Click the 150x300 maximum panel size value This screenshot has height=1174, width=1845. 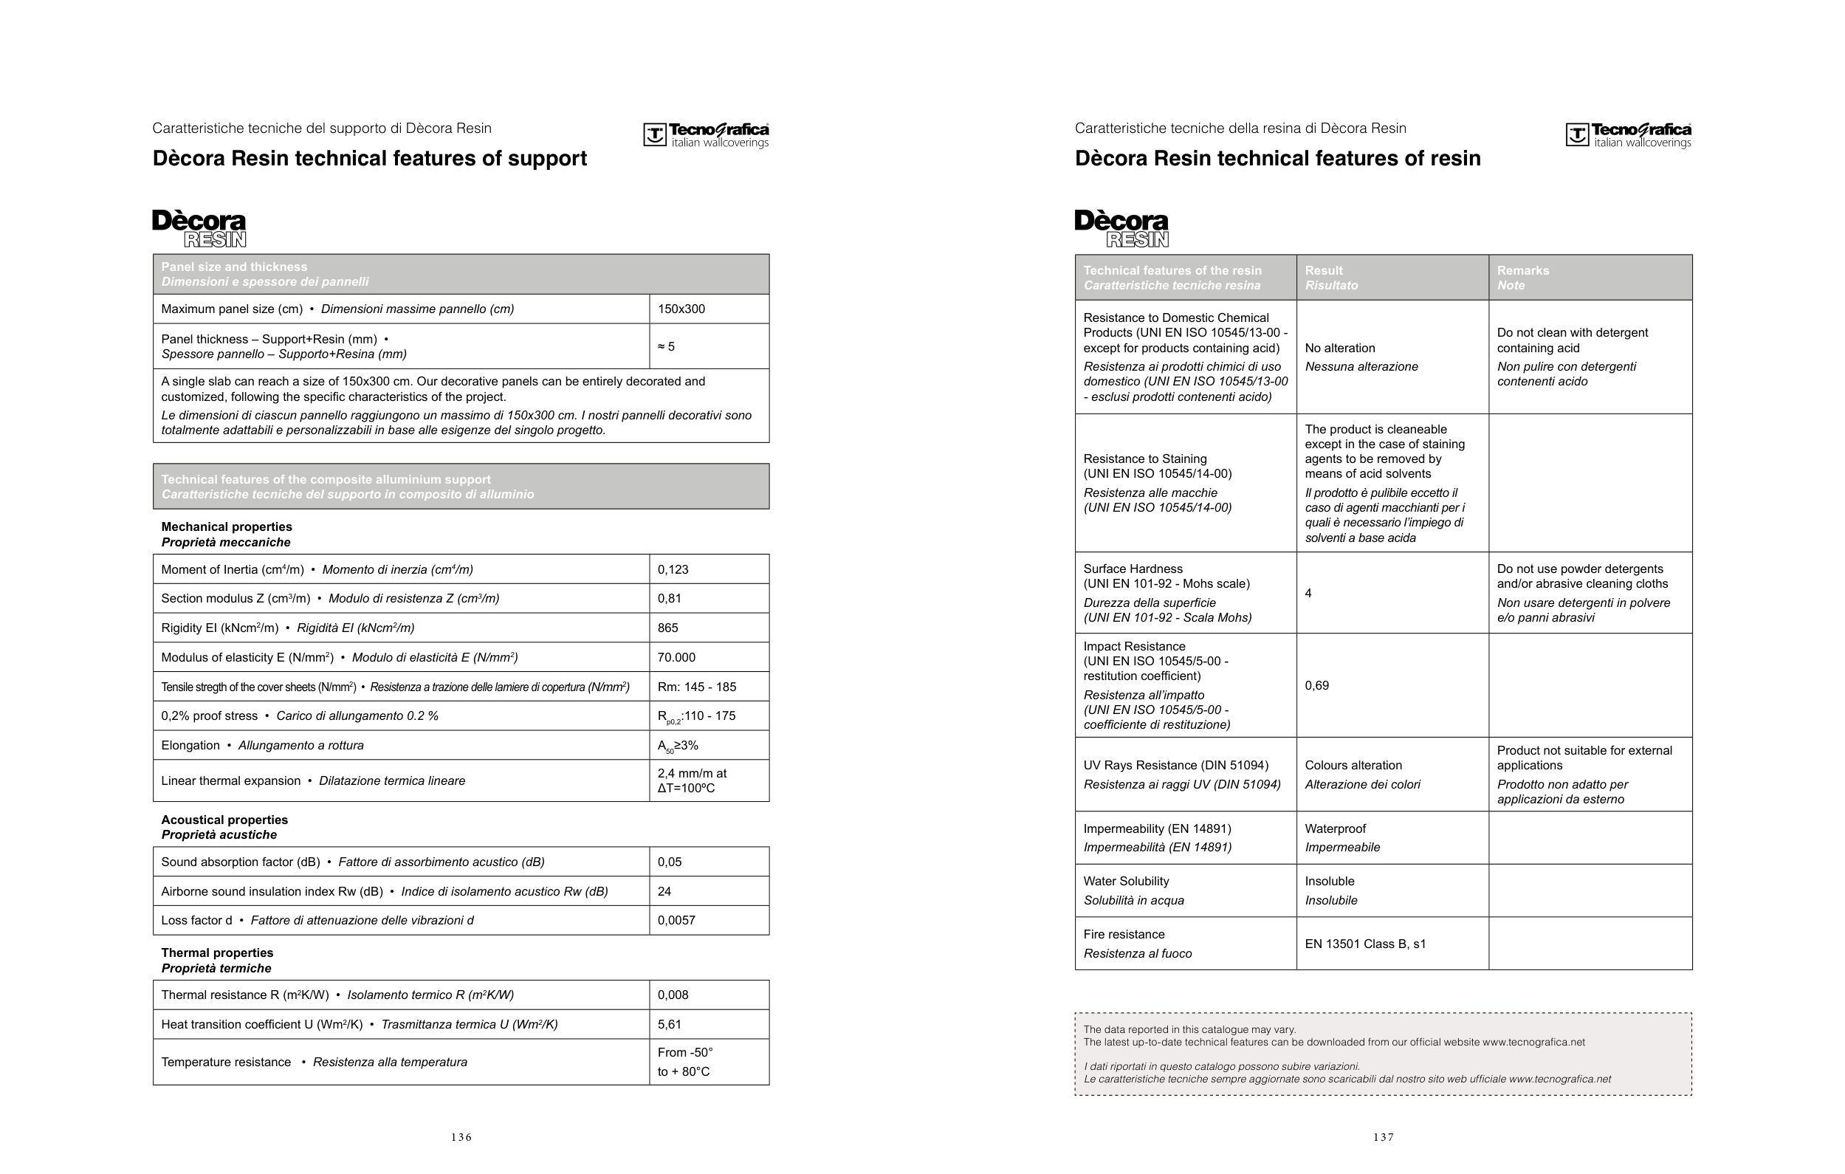coord(681,309)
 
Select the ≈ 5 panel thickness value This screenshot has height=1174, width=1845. coord(666,346)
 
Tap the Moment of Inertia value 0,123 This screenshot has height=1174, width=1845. coord(673,569)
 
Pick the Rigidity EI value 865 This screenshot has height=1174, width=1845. coord(667,628)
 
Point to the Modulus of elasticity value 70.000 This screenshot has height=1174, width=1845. coord(676,657)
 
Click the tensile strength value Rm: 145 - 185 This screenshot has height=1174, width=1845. coord(696,687)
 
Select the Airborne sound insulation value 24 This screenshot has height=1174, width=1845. coord(664,891)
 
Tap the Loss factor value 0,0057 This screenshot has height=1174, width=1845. coord(676,920)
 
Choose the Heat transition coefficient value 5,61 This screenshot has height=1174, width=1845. coord(669,1025)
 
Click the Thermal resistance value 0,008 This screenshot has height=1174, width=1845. coord(673,995)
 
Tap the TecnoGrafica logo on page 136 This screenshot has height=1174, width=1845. coord(706,135)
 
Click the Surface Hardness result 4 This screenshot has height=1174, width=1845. coord(1308,593)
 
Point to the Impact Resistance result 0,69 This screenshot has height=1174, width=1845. coord(1316,685)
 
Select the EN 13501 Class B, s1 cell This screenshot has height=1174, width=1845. coord(1365,944)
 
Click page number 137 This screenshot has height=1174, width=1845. coord(1383,1137)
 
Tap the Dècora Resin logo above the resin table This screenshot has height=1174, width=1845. coord(1121,229)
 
